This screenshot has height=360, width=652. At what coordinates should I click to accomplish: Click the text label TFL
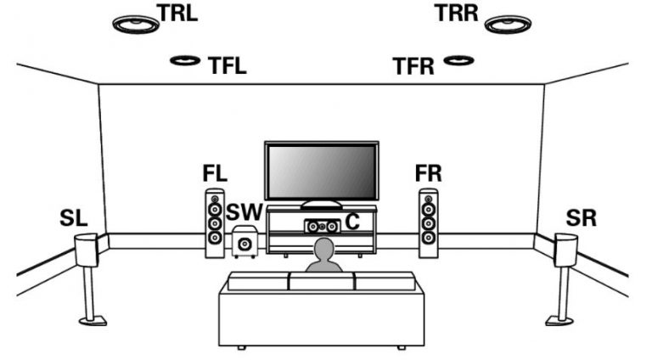(x=227, y=65)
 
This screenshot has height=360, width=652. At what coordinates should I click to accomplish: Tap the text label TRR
(x=457, y=13)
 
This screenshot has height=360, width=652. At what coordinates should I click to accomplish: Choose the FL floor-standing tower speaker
(x=215, y=223)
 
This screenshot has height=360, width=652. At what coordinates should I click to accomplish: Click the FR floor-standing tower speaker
(x=428, y=223)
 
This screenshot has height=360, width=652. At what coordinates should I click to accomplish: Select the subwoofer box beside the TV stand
(x=244, y=241)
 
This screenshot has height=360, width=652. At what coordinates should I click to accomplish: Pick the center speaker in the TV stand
(x=323, y=226)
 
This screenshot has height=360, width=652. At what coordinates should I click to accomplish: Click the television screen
(x=322, y=172)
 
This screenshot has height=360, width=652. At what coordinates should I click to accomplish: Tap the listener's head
(x=324, y=249)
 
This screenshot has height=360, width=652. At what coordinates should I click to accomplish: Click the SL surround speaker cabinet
(x=87, y=250)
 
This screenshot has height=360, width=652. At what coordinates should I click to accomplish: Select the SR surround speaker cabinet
(x=566, y=250)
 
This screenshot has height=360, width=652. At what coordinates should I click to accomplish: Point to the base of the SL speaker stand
(x=93, y=320)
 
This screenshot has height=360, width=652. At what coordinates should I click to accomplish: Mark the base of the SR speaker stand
(x=559, y=320)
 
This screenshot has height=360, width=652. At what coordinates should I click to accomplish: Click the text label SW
(x=244, y=212)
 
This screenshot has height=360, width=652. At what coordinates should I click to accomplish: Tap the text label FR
(x=428, y=173)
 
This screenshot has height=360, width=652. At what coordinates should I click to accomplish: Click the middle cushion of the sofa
(x=322, y=280)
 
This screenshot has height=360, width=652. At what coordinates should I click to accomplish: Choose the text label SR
(x=581, y=218)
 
